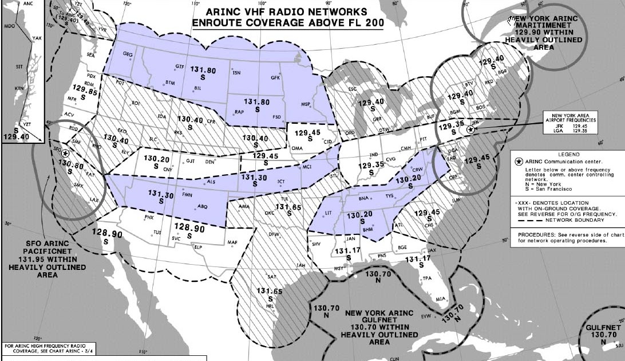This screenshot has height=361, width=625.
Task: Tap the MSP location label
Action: [x=306, y=104]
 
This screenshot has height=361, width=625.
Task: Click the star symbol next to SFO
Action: [x=65, y=153]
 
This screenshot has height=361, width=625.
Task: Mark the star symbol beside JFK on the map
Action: [x=469, y=130]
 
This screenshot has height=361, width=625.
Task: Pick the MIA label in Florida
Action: [x=440, y=299]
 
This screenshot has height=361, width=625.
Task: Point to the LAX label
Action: [x=94, y=200]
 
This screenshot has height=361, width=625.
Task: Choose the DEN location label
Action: [x=210, y=162]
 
